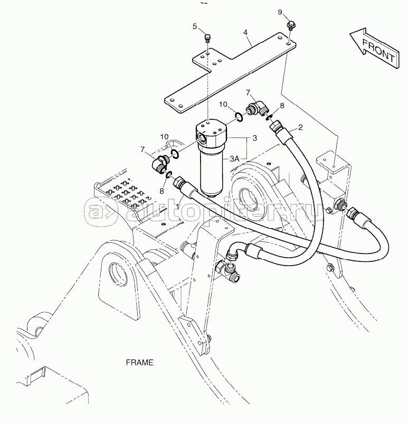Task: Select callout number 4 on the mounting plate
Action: click(245, 32)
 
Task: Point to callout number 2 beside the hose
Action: click(300, 127)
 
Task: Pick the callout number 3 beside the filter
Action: click(254, 138)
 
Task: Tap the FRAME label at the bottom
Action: click(139, 363)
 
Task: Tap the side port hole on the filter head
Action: click(202, 138)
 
